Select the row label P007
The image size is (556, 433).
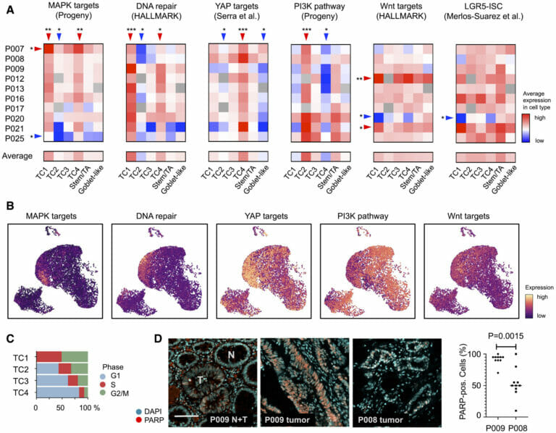coord(15,48)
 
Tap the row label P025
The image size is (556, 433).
coord(15,137)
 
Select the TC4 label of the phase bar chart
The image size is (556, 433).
coord(22,392)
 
